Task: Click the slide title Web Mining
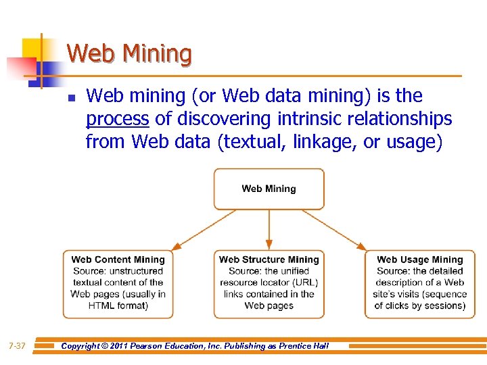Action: (x=129, y=53)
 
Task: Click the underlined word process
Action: (x=117, y=120)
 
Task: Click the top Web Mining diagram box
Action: (x=269, y=189)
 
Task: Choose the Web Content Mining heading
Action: (x=118, y=260)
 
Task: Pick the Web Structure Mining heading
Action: (x=269, y=260)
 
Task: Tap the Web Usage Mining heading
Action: (x=419, y=260)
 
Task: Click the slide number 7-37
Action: (x=17, y=346)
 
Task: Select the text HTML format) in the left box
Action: (x=118, y=306)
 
